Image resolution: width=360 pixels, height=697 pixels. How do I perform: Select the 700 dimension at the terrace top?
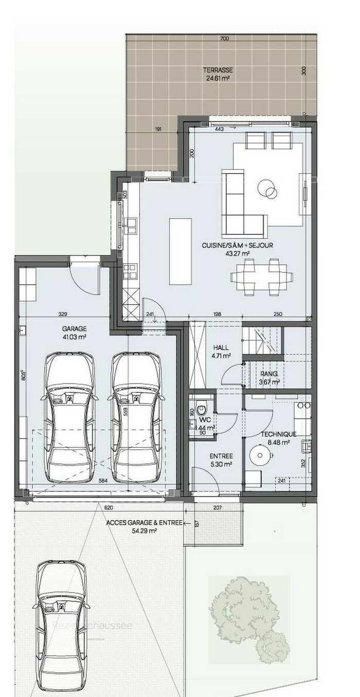pos(224,39)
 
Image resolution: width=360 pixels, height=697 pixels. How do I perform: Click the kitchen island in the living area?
pos(180,251)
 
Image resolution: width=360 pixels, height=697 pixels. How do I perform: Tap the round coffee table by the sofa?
pos(267,189)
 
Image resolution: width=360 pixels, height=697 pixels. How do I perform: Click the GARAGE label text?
pos(74,328)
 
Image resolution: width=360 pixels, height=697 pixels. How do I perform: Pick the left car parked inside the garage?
pos(70,416)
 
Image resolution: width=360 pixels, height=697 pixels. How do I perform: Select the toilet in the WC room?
pos(202,406)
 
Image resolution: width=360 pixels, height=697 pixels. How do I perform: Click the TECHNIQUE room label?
pos(278,434)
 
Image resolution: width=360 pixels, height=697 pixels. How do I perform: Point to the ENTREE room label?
pos(221,456)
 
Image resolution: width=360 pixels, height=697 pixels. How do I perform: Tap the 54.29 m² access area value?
pos(144,531)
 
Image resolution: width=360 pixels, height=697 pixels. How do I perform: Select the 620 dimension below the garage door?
pos(108,507)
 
